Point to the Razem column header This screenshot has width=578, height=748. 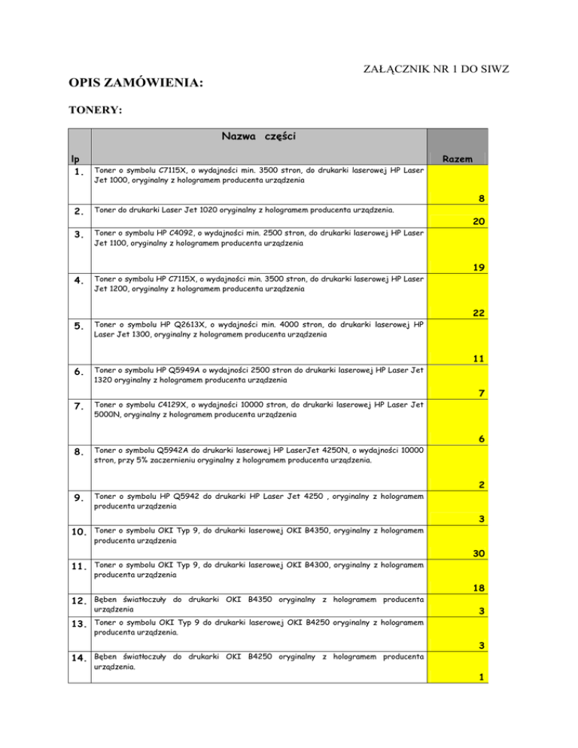pos(458,160)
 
